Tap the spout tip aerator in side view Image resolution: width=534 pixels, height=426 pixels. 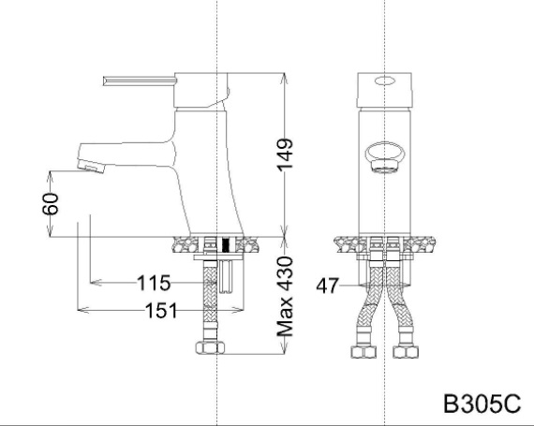[x=86, y=166]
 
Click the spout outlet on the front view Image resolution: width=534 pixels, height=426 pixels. [x=385, y=154]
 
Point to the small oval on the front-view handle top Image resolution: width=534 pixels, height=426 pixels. [x=385, y=82]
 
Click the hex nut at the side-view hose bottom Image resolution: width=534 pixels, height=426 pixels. [x=210, y=350]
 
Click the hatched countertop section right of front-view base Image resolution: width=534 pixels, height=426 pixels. [x=422, y=245]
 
